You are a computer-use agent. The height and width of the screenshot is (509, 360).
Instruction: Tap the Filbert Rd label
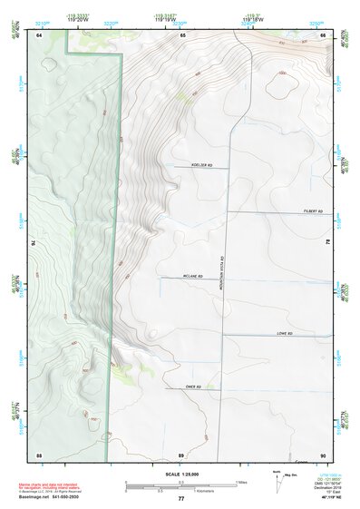click(x=313, y=210)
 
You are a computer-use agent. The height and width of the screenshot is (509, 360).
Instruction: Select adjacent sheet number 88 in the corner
click(x=39, y=454)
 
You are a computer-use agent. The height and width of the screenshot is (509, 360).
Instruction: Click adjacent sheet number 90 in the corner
click(x=324, y=454)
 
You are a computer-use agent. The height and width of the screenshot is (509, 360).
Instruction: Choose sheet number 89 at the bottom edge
click(x=181, y=454)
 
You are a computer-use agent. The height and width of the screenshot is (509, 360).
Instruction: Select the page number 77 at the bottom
click(x=181, y=499)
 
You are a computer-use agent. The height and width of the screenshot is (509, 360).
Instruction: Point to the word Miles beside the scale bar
click(x=243, y=482)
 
